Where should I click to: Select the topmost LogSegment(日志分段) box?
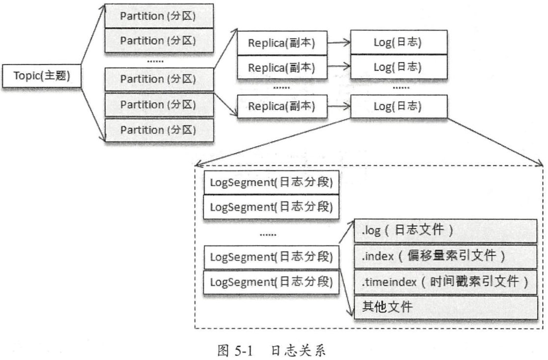272,183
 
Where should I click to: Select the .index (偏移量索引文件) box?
445,256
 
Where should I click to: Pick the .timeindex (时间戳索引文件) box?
445,282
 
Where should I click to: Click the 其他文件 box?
445,308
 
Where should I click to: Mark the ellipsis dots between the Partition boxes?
156,61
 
